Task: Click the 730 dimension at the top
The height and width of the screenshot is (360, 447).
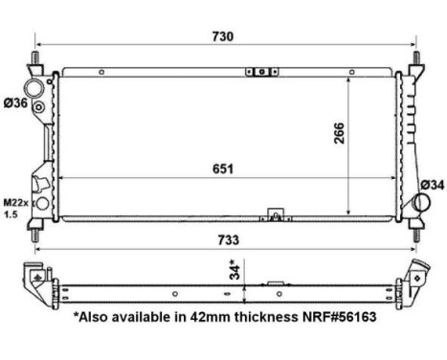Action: pos(223,35)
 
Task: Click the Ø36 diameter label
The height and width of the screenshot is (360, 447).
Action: pos(15,103)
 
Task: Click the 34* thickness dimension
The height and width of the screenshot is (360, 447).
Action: pos(233,272)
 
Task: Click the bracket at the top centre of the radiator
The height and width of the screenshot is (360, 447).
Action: pos(259,71)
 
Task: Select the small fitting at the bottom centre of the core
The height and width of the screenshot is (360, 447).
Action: pos(279,214)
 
